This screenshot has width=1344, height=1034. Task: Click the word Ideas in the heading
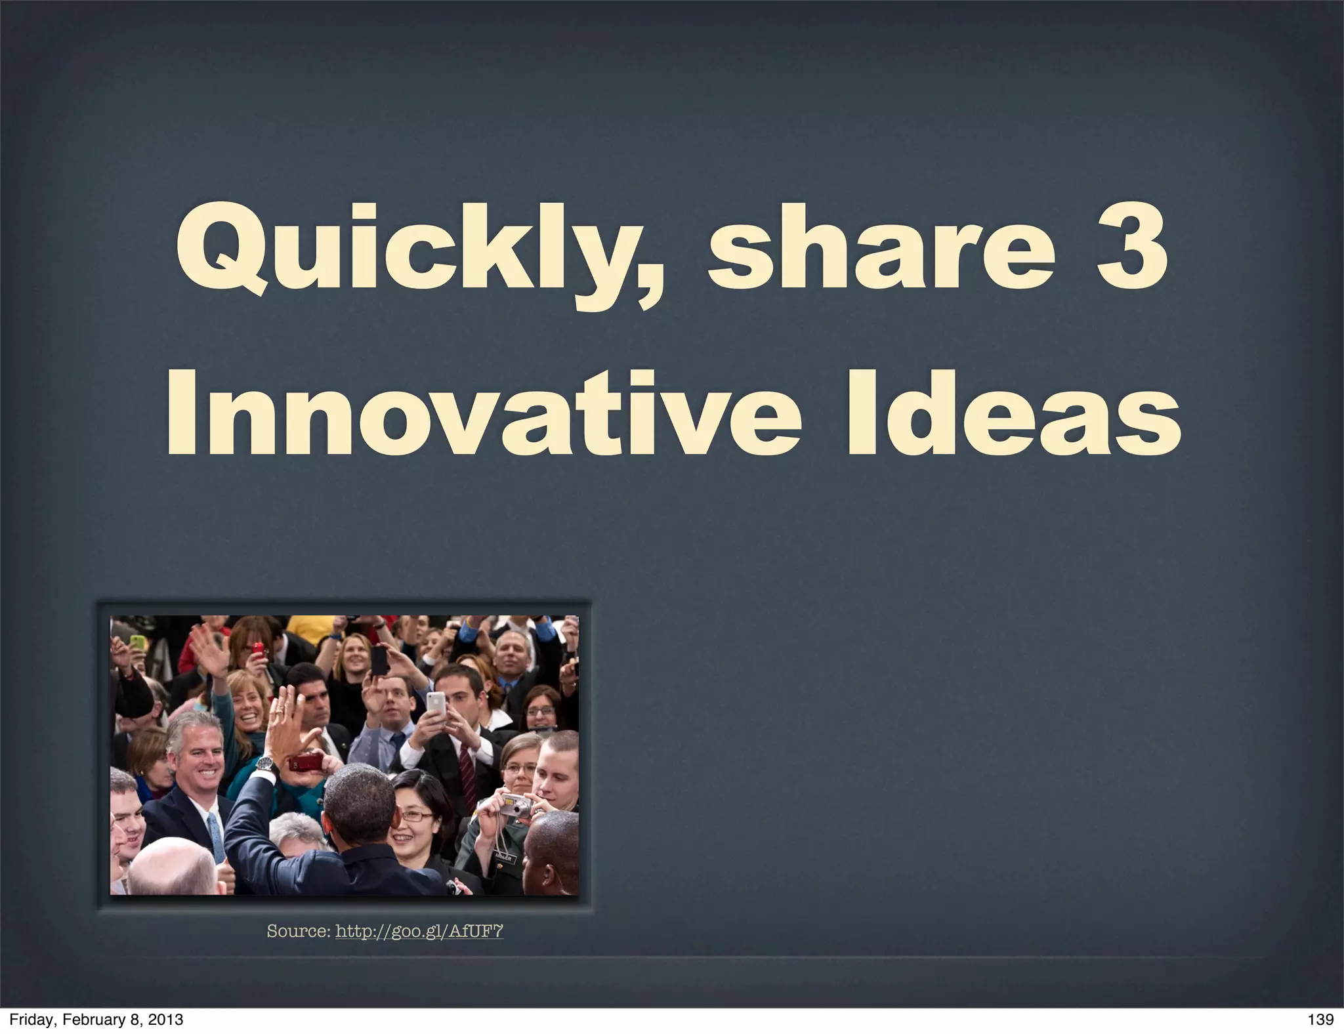pyautogui.click(x=1014, y=413)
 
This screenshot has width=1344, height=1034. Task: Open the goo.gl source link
pyautogui.click(x=419, y=931)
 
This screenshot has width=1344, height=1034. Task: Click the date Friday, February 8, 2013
pyautogui.click(x=96, y=1020)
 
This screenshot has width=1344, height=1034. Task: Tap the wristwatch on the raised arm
pyautogui.click(x=264, y=763)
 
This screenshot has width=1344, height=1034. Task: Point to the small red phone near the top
pyautogui.click(x=258, y=650)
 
